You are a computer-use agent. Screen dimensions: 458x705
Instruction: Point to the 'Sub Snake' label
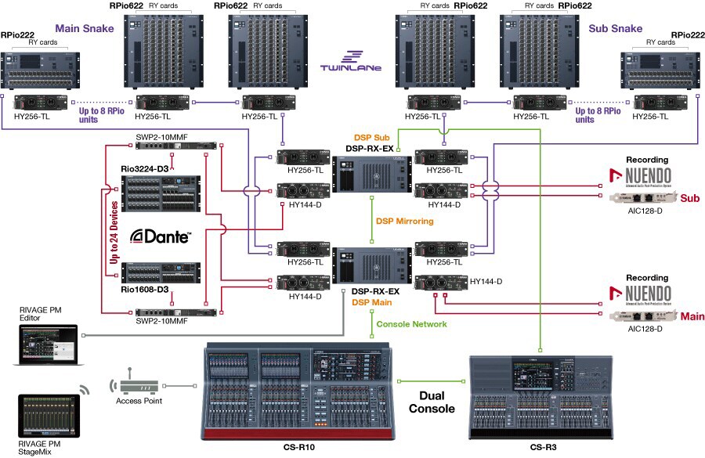[615, 29]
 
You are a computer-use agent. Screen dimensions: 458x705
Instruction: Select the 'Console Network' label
[411, 323]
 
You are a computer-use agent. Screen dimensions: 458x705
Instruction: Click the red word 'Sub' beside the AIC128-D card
[689, 198]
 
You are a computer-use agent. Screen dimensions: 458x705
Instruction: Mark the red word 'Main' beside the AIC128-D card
[692, 316]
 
